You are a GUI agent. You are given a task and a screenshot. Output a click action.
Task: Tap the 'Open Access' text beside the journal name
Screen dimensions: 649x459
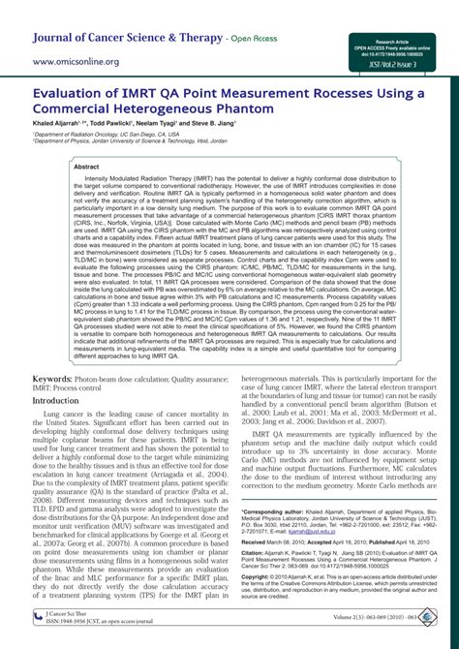coord(256,40)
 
